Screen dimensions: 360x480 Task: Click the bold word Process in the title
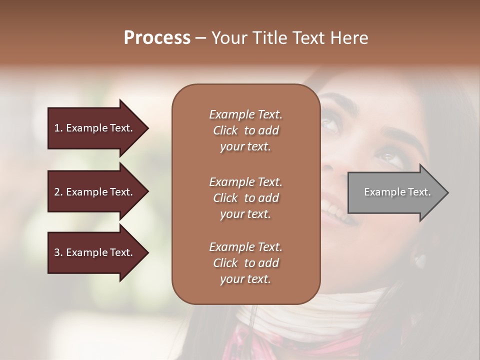[157, 38]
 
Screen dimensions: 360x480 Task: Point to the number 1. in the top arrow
[58, 128]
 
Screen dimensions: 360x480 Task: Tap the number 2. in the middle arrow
[58, 192]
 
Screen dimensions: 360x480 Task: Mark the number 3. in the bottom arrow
[58, 252]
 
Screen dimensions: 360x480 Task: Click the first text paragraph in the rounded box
[245, 130]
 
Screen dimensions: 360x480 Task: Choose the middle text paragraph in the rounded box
[245, 198]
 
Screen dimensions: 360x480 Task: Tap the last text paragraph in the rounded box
[245, 263]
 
